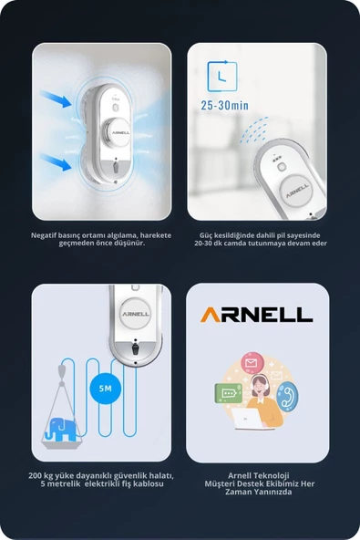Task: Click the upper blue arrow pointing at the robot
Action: (x=56, y=99)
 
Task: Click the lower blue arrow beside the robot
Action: (x=56, y=162)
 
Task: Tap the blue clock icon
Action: (x=222, y=77)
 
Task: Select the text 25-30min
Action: (x=224, y=106)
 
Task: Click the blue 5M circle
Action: (x=106, y=389)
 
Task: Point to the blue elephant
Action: (x=60, y=430)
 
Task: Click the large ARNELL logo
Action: (x=256, y=315)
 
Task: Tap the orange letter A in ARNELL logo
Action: (x=211, y=315)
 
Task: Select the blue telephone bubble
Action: (x=287, y=397)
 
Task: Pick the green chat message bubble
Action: (x=228, y=393)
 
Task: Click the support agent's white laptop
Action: (x=247, y=419)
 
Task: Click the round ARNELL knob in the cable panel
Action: (x=136, y=314)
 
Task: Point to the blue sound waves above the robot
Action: (x=254, y=130)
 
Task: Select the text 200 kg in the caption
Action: (x=40, y=476)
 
